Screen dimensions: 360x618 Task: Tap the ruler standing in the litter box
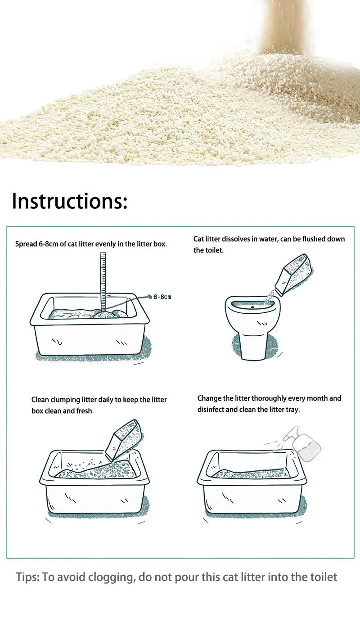pos(103,282)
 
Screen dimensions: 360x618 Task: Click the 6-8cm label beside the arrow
pos(162,297)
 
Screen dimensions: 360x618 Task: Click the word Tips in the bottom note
pos(28,577)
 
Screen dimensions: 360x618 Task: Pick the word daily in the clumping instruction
pos(106,400)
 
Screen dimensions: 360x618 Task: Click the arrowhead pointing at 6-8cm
pos(150,297)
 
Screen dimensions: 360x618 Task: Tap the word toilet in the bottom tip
pos(324,577)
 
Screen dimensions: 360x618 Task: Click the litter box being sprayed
pos(252,483)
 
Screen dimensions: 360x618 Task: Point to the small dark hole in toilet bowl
pos(252,307)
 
